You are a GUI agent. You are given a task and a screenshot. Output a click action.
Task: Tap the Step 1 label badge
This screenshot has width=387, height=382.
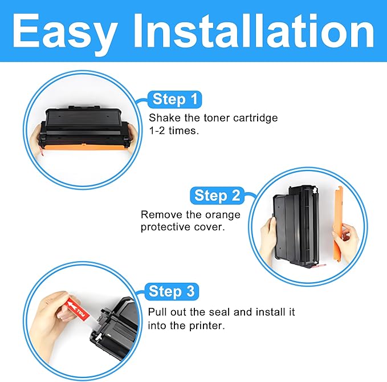click(174, 100)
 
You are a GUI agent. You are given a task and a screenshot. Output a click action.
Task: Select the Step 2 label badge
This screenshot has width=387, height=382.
click(217, 196)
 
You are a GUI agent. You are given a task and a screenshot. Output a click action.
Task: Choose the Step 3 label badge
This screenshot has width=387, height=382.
click(171, 292)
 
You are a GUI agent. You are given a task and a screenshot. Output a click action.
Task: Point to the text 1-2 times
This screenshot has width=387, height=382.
click(174, 131)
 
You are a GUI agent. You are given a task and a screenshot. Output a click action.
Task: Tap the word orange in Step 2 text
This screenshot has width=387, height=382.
click(221, 215)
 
